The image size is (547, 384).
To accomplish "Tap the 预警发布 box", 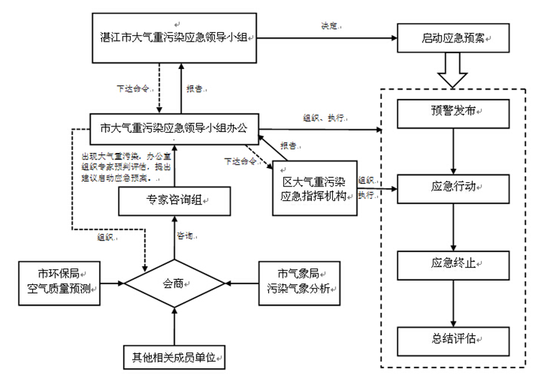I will [453, 111].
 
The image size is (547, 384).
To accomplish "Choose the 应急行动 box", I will [453, 187].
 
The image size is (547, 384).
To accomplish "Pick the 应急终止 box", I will [453, 263].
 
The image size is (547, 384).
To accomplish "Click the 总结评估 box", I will [453, 338].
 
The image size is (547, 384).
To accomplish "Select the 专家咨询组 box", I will [174, 202].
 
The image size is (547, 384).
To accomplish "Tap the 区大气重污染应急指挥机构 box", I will [315, 188].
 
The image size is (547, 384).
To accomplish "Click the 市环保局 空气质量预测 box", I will [59, 282].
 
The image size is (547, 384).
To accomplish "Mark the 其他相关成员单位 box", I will [174, 355].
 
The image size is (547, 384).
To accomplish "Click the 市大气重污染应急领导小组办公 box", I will [174, 129].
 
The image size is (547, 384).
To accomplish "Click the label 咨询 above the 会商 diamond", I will [185, 235].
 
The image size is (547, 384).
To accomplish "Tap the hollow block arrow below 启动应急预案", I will [453, 70].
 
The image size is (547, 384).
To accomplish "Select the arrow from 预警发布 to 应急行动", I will [453, 149].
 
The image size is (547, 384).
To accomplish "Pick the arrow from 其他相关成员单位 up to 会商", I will [174, 327].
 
